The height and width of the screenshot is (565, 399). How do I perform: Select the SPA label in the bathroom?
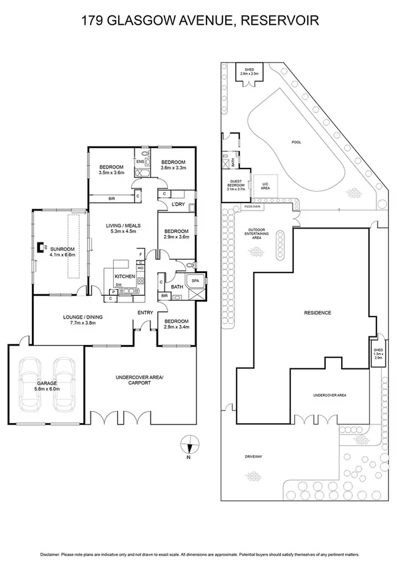(195, 281)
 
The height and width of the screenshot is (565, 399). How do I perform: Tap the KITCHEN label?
(125, 276)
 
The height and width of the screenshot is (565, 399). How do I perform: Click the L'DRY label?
(178, 204)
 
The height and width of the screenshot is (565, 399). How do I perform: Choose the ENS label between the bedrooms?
(140, 161)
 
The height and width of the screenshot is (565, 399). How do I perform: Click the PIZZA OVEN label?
(252, 207)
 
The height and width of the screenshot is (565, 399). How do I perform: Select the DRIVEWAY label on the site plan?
(254, 456)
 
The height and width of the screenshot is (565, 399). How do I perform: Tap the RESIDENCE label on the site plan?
(318, 312)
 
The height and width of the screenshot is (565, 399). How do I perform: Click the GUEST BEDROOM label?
(236, 185)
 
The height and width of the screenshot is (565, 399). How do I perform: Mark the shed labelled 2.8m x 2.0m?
(250, 72)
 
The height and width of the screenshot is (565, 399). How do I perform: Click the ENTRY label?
(146, 312)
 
